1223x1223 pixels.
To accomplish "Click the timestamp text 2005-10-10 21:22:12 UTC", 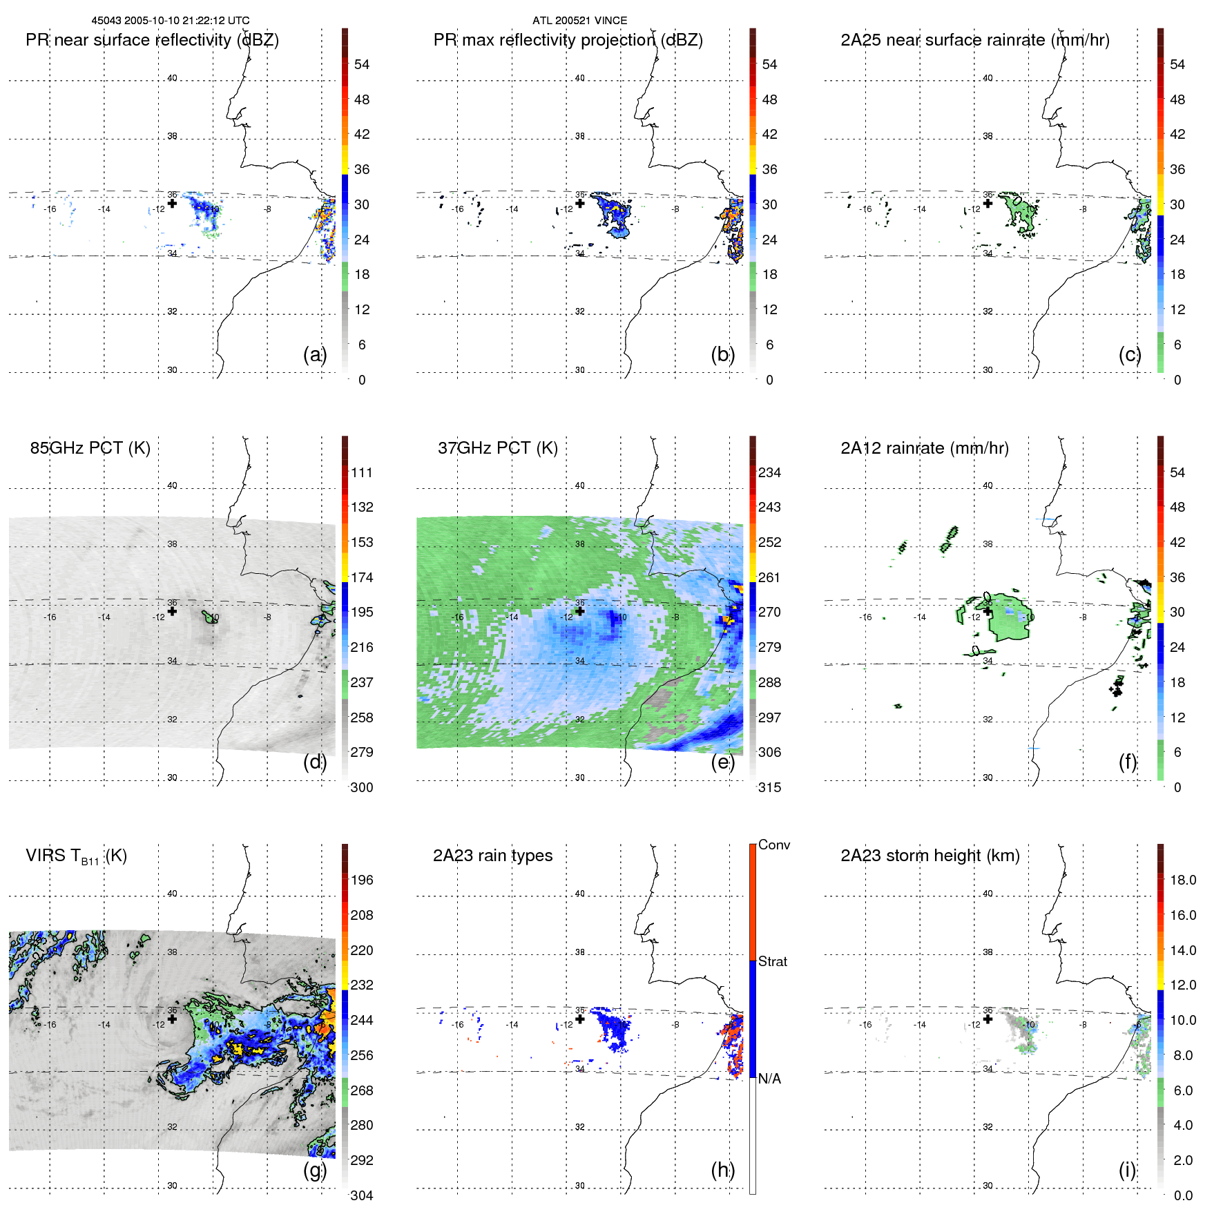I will tap(186, 21).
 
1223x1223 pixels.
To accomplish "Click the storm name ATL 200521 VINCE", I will tap(579, 21).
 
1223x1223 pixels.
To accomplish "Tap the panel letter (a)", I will tap(314, 355).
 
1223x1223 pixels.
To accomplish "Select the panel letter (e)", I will tap(722, 762).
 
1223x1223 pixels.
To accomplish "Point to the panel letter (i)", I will tap(1127, 1170).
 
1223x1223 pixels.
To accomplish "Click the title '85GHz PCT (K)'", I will tap(90, 448).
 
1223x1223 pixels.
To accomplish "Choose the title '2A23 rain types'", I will tap(492, 856).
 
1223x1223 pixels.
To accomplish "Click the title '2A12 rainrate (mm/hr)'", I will tap(924, 448).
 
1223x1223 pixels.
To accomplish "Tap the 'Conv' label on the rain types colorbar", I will tap(774, 845).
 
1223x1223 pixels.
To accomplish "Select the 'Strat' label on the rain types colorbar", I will tap(773, 961).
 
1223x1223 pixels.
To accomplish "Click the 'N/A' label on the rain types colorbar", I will tap(769, 1079).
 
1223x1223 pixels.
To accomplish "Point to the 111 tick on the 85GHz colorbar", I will tap(362, 472).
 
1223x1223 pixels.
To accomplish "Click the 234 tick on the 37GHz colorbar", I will tap(769, 472).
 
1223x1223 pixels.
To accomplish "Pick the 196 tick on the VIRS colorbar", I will tap(362, 880).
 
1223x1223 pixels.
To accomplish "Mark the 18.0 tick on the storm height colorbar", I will tap(1183, 880).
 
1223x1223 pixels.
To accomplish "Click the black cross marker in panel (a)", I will tap(172, 203).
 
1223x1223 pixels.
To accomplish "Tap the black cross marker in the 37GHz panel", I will tap(580, 611).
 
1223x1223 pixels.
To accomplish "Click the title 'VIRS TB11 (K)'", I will tap(76, 856).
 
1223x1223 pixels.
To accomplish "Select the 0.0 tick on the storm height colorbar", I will tap(1183, 1195).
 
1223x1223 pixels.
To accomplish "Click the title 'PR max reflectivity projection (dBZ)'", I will tap(568, 40).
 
